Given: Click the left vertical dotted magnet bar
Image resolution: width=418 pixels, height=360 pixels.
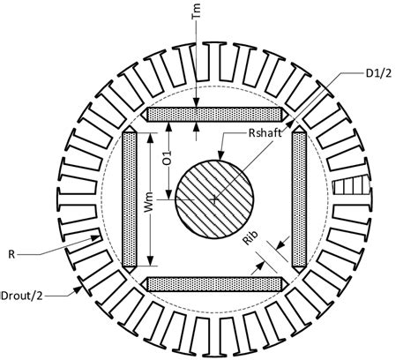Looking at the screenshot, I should pos(131,199).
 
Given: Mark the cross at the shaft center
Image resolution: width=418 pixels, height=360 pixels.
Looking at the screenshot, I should pos(214,200).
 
